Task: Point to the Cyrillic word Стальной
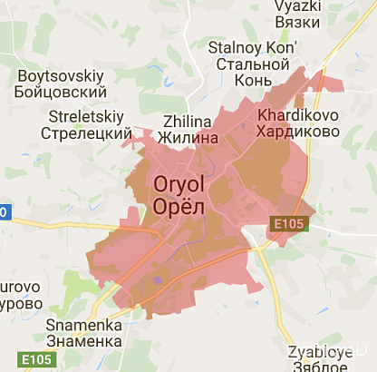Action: coord(251,64)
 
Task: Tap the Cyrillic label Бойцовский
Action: coord(61,93)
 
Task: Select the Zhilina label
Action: coord(188,122)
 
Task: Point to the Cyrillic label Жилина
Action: coord(188,138)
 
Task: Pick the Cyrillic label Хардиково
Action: coord(298,132)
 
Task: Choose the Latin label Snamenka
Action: coord(83,325)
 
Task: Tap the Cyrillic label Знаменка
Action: coord(83,341)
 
